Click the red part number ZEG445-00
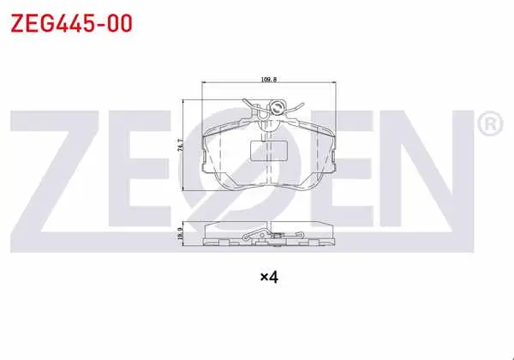(71, 23)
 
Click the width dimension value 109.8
(269, 80)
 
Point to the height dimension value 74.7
(180, 145)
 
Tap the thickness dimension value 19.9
(180, 233)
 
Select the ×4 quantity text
(269, 278)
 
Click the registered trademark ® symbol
(490, 123)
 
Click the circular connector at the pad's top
(277, 107)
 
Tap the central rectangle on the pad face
(269, 151)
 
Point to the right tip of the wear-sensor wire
(302, 105)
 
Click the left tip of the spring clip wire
(243, 100)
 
